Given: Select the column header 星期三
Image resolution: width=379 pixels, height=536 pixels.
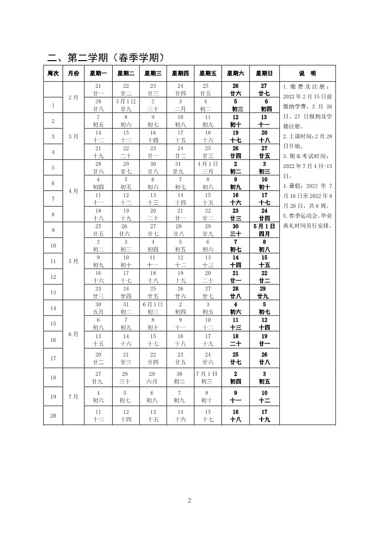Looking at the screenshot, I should click(153, 74).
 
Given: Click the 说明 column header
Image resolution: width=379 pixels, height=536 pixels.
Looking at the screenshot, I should click(307, 74).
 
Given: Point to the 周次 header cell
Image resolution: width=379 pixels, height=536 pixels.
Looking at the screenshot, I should click(53, 74).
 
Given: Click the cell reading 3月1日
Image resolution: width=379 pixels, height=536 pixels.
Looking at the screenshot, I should click(126, 105).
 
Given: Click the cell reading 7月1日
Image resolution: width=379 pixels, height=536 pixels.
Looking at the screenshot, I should click(208, 377).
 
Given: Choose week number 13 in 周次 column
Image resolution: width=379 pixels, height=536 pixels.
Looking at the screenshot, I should click(53, 292).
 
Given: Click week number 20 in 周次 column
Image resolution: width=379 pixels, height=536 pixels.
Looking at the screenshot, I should click(53, 415).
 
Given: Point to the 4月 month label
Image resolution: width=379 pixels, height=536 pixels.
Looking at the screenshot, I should click(73, 191).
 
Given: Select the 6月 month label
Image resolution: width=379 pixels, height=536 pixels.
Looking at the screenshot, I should click(73, 334).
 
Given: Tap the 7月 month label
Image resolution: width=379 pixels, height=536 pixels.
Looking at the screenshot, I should click(73, 396).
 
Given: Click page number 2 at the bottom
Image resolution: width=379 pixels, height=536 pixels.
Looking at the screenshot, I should click(189, 501).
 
